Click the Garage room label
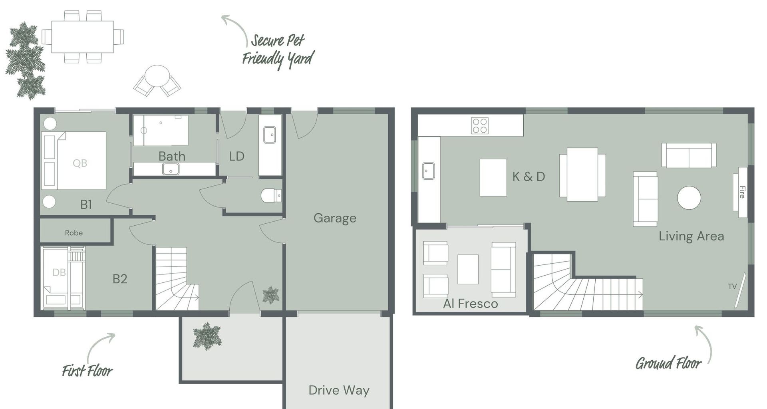coord(335,218)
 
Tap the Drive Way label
coord(339,390)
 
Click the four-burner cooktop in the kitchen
coord(479,125)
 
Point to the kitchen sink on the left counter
coord(428,171)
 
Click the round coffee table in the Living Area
coord(689,198)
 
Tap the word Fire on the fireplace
coord(742,192)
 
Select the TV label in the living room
coord(732,286)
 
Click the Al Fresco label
coord(471,304)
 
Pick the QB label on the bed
coord(80,163)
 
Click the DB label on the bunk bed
coord(59,272)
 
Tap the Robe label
coord(74,233)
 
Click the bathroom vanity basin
coord(171,169)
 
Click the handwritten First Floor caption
coord(87,371)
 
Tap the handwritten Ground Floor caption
coord(668,363)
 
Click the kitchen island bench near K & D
coord(493,177)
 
